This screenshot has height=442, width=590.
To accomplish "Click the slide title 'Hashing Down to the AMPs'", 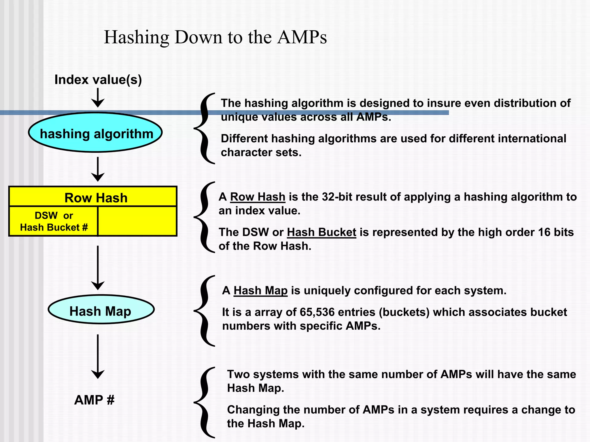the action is [215, 37].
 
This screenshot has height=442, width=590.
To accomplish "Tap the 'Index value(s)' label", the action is [98, 80].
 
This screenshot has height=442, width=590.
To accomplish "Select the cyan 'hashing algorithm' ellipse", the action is [96, 133].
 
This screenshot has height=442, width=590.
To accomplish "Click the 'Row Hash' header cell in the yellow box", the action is [96, 198].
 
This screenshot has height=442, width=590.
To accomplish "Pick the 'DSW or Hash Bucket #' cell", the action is [54, 221].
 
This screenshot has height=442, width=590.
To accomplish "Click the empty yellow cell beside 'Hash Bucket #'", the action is [137, 221].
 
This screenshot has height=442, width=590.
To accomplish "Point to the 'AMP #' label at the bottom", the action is [94, 400].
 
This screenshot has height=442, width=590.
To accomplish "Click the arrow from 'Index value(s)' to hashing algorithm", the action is [98, 98].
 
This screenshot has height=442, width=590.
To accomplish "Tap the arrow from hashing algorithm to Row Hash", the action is [98, 169].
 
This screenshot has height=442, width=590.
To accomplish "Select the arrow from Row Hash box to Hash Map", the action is [98, 268].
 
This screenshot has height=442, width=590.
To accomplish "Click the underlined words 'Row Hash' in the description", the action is [258, 197].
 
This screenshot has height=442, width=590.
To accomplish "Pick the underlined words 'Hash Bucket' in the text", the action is [322, 232].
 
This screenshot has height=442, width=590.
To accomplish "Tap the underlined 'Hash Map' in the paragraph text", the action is [260, 290].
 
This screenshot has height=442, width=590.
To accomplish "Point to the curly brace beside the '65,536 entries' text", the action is [205, 311].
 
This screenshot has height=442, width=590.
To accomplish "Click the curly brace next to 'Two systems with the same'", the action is [205, 402].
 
